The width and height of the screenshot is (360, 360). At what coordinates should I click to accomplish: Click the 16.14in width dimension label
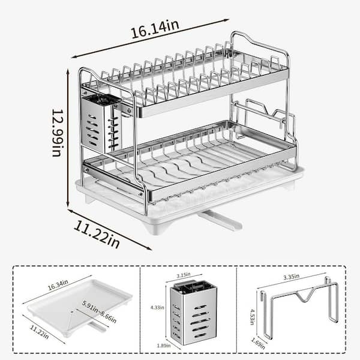click(x=155, y=29)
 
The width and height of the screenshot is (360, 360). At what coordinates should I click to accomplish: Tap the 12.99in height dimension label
click(x=58, y=133)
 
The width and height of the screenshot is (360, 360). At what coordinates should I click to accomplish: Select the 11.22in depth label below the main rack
click(x=97, y=234)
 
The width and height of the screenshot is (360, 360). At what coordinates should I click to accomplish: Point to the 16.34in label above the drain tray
click(x=58, y=285)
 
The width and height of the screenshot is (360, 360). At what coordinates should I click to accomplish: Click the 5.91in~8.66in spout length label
click(x=99, y=311)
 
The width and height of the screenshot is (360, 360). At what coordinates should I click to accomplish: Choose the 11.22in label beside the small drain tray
click(x=39, y=332)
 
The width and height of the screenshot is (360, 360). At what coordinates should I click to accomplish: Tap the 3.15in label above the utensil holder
click(x=184, y=275)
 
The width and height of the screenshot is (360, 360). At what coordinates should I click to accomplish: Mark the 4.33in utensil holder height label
click(x=157, y=307)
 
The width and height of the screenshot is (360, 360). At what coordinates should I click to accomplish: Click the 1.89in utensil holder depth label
click(x=164, y=346)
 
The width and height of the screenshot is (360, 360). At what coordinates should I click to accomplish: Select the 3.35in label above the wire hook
click(x=291, y=277)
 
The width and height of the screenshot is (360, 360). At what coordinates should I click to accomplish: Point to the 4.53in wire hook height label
click(x=252, y=317)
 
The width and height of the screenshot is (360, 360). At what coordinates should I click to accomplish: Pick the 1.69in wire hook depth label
click(x=258, y=343)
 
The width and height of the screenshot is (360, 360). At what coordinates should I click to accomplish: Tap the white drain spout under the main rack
click(x=220, y=220)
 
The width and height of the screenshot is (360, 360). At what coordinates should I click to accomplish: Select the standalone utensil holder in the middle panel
click(x=194, y=313)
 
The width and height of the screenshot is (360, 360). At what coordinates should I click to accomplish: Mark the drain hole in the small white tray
click(x=72, y=312)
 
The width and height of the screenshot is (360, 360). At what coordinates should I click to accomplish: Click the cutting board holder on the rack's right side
click(x=264, y=119)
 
